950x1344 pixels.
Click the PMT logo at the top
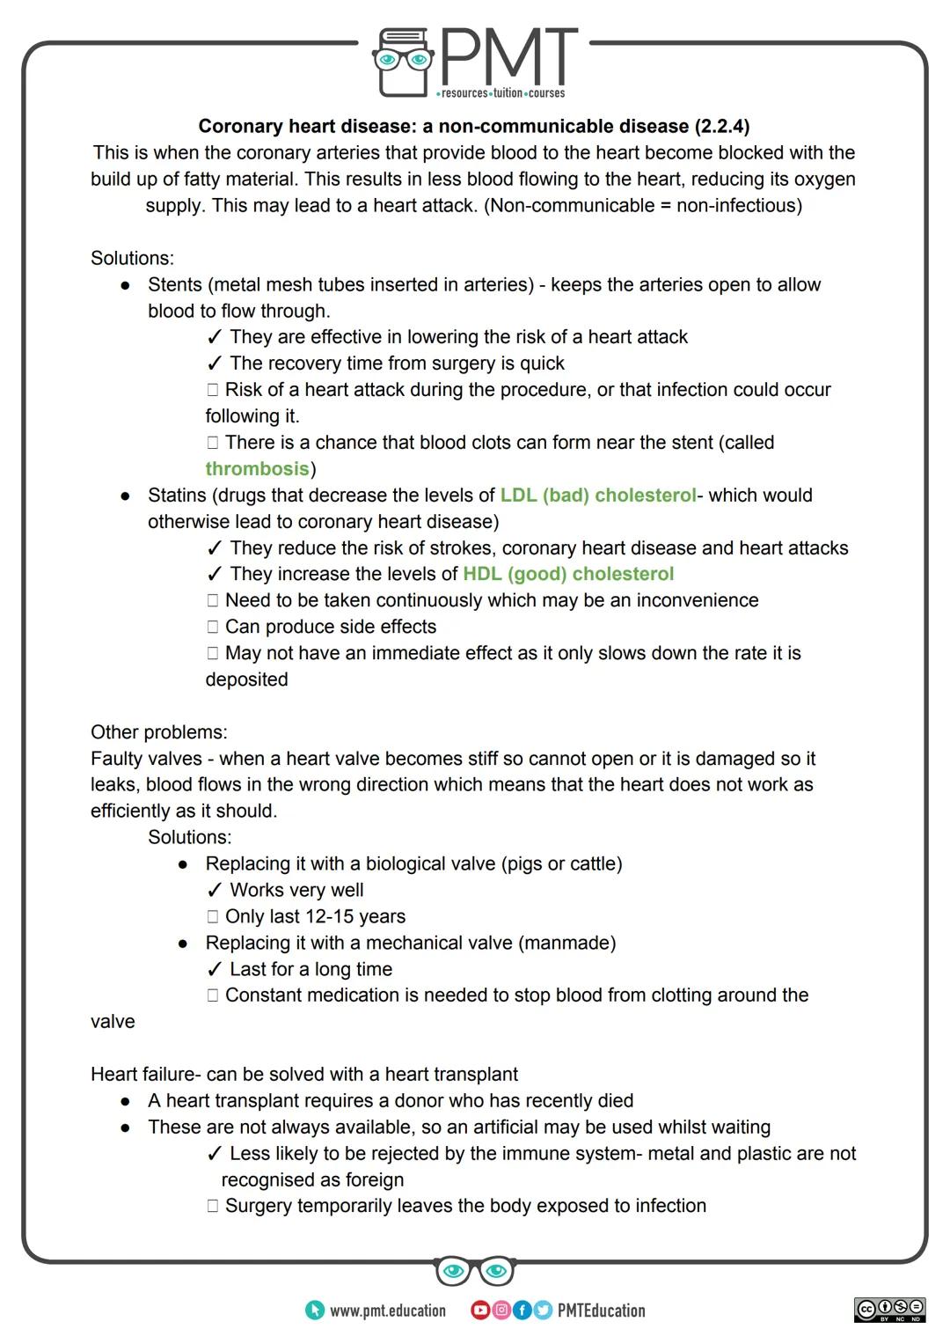point(475,62)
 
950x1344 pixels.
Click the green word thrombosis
point(257,469)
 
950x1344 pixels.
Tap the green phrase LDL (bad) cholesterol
point(598,496)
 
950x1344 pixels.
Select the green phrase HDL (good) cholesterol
point(568,575)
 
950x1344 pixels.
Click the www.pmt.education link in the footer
point(387,1311)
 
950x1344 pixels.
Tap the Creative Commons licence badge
point(889,1310)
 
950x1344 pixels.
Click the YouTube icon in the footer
point(480,1311)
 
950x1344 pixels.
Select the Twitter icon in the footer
point(543,1311)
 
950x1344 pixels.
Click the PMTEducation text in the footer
point(602,1311)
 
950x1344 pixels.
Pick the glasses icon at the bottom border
point(475,1271)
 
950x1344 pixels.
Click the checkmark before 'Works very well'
point(214,891)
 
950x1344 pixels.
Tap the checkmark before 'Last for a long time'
point(214,970)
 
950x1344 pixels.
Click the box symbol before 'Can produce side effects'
point(212,628)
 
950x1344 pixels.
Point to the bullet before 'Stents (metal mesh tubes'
point(127,286)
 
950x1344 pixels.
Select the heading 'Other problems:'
point(158,732)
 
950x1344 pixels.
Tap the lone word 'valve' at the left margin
point(113,1022)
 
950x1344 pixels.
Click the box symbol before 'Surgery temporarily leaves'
point(212,1207)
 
